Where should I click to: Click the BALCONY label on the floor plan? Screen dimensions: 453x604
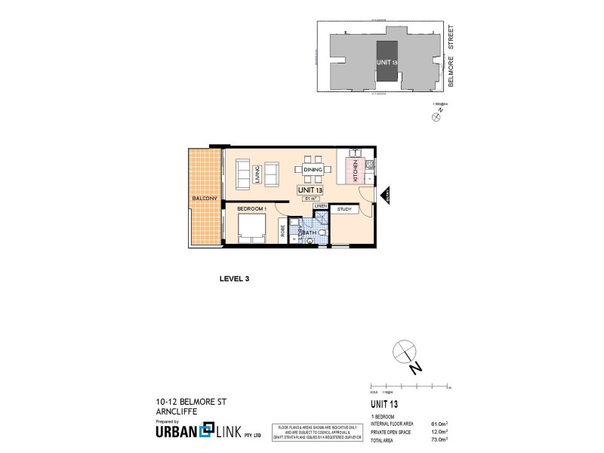click(x=205, y=198)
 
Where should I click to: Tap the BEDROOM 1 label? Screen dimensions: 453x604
click(x=251, y=208)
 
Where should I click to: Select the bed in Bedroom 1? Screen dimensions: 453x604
click(x=251, y=227)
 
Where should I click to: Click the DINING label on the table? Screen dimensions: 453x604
click(x=313, y=171)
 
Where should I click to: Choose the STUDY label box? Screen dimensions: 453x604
click(x=345, y=209)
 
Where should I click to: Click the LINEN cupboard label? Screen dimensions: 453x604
click(x=320, y=205)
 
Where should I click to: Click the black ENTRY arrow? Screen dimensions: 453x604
click(x=384, y=196)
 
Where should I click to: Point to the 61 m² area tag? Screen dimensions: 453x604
click(x=310, y=199)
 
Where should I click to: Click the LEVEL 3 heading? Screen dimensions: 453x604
click(x=233, y=279)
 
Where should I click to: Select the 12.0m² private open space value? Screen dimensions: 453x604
click(x=438, y=431)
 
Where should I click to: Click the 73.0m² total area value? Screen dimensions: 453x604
click(x=438, y=439)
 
